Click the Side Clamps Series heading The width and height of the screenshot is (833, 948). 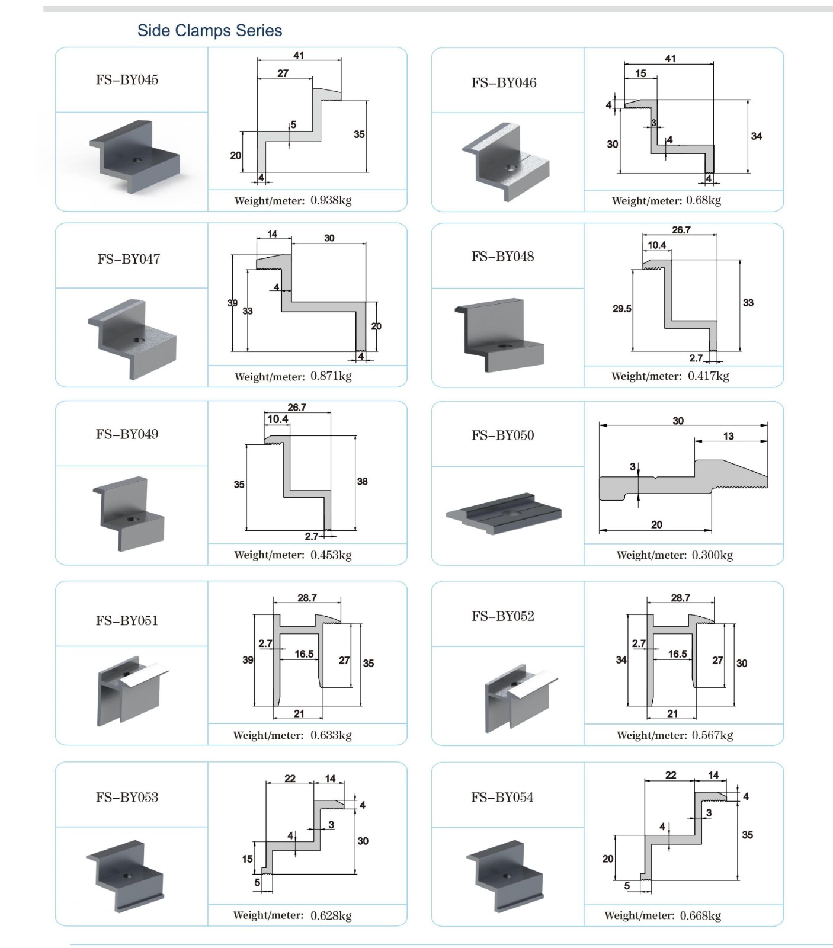[x=210, y=30]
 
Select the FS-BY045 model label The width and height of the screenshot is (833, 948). [x=127, y=80]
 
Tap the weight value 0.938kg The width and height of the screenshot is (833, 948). [x=331, y=200]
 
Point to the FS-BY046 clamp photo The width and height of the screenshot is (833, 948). [x=505, y=162]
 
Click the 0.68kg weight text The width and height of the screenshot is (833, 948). [x=704, y=200]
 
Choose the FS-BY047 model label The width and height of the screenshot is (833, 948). [x=129, y=259]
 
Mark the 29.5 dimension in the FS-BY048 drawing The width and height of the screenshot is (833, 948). [x=622, y=309]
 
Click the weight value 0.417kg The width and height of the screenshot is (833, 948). [x=709, y=376]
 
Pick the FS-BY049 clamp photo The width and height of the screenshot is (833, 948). [x=128, y=514]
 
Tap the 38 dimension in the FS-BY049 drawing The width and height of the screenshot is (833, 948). [x=362, y=482]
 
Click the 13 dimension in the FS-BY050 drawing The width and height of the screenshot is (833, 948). [x=728, y=436]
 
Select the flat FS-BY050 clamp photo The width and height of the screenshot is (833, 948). [x=504, y=513]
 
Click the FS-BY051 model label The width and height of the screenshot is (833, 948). [x=127, y=621]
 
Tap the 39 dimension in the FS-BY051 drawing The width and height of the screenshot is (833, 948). [x=248, y=660]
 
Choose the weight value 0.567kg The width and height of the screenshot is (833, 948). [x=713, y=735]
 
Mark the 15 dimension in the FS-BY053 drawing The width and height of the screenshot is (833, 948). [x=247, y=859]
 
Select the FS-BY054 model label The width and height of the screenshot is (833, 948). [x=502, y=798]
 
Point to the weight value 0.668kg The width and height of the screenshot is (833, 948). [x=701, y=915]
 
